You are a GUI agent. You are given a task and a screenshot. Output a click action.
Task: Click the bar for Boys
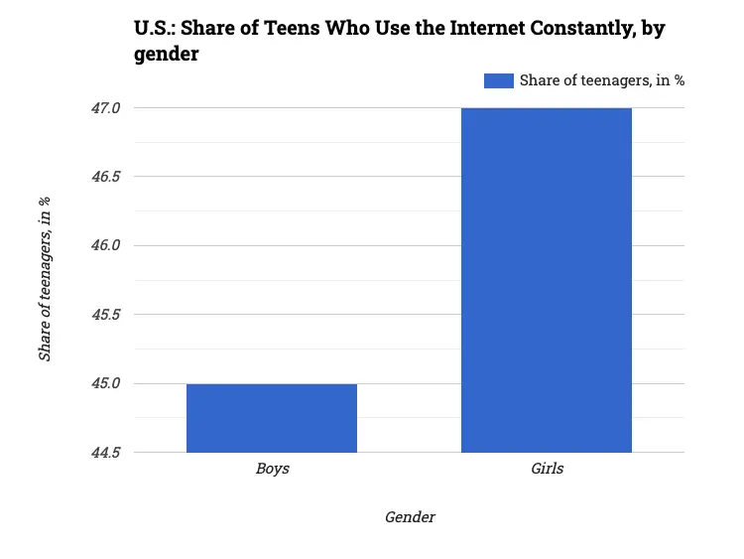click(x=272, y=418)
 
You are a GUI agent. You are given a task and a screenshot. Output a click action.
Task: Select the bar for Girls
click(x=547, y=280)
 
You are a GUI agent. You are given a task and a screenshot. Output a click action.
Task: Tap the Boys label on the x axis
click(x=272, y=469)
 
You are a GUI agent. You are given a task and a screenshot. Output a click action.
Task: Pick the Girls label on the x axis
click(x=547, y=469)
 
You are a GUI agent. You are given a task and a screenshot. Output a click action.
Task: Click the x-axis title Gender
click(x=410, y=517)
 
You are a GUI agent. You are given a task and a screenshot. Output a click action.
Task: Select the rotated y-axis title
click(x=45, y=279)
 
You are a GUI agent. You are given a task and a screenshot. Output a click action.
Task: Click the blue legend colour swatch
click(x=498, y=81)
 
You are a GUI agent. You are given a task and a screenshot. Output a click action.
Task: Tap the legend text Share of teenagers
click(x=602, y=81)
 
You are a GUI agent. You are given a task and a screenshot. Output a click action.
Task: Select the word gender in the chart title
click(x=167, y=55)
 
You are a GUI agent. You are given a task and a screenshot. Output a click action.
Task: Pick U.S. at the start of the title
click(x=155, y=29)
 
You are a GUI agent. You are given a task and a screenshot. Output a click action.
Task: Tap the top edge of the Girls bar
click(x=547, y=108)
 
